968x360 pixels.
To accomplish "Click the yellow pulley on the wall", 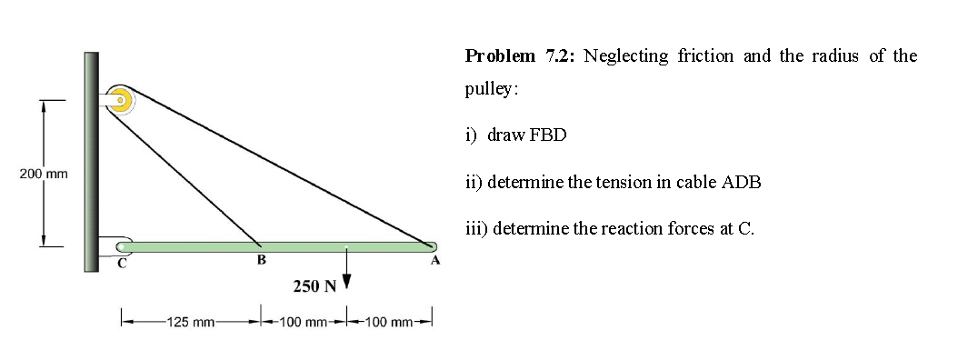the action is (x=120, y=99).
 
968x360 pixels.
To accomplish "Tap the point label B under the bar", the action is (x=261, y=261).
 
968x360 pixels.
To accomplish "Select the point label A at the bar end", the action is (x=434, y=261).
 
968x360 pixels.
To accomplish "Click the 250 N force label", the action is (x=314, y=287).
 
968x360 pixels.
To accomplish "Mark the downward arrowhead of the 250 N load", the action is (x=345, y=282).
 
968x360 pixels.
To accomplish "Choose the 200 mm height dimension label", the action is (x=37, y=173).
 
